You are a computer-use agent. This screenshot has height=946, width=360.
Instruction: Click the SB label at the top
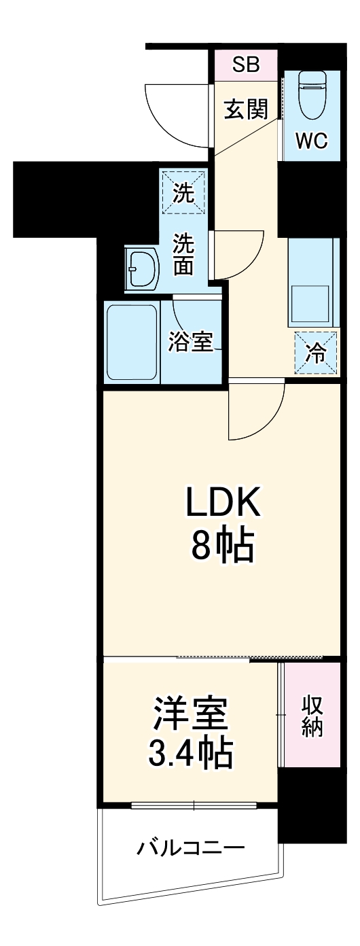(246, 65)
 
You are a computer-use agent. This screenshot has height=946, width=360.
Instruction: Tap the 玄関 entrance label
(246, 109)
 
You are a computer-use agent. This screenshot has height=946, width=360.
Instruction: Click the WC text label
(312, 141)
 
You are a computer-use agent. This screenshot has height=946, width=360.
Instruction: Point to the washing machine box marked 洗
(182, 192)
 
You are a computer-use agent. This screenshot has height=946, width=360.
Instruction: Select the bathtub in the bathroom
(132, 343)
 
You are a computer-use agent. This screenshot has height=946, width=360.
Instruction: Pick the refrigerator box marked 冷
(315, 352)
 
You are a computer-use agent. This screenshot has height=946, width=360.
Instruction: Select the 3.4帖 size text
(191, 754)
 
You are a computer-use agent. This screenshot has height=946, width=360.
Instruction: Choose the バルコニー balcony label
(191, 849)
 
